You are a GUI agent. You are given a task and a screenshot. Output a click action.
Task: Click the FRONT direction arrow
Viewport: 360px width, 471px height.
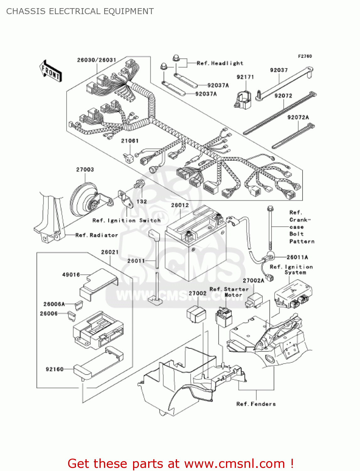(51, 71)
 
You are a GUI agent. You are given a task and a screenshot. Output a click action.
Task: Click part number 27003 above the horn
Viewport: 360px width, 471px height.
(85, 170)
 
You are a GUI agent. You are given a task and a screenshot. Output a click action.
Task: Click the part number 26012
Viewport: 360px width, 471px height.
(180, 205)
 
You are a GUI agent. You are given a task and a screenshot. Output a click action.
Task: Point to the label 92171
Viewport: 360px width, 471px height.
(245, 77)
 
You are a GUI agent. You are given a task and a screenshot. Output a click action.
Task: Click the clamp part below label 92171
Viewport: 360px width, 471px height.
(243, 99)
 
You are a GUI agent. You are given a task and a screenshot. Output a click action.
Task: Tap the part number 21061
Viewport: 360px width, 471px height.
(130, 141)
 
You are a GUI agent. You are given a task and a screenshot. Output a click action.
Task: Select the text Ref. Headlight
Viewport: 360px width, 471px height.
(220, 63)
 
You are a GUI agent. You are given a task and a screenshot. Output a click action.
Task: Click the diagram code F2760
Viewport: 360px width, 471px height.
(305, 56)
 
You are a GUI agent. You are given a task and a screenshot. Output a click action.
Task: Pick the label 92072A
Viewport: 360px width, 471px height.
(298, 117)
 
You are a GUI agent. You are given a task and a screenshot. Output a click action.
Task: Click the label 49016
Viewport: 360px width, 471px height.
(71, 274)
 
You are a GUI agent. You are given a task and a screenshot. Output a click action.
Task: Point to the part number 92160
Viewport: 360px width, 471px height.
(55, 369)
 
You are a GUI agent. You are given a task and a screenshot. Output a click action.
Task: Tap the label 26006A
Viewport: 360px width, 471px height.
(54, 304)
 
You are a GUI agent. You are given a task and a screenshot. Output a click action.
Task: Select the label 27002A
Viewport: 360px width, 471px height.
(253, 280)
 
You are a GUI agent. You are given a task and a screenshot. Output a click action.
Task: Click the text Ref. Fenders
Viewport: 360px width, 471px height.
(256, 404)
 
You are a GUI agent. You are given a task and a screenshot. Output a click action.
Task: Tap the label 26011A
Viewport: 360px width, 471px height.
(297, 257)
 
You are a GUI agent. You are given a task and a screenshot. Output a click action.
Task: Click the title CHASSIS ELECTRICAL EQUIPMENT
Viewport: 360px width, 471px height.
(80, 11)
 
